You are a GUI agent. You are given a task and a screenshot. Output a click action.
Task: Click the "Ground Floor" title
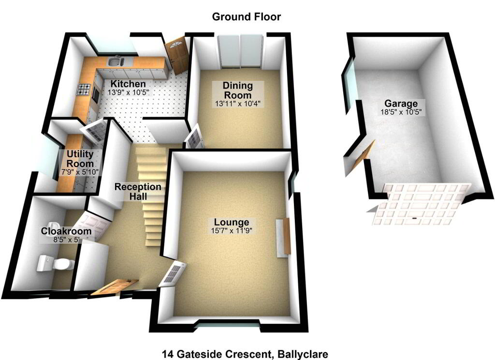(x=246, y=17)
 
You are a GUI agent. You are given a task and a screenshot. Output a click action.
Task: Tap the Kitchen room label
(x=128, y=84)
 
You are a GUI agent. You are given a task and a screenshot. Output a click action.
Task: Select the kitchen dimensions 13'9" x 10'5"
(x=128, y=92)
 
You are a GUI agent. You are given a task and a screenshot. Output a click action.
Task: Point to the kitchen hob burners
(x=84, y=89)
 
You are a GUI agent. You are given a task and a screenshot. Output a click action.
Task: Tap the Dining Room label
(x=238, y=90)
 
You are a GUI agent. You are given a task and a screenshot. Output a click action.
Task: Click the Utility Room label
(x=80, y=159)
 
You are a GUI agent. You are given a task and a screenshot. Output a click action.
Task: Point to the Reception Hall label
(x=138, y=191)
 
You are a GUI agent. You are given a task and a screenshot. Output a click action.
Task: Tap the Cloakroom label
(x=66, y=231)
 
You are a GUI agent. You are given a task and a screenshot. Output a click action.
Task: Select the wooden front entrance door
(x=115, y=287)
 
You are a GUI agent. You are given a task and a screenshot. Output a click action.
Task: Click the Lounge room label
(x=232, y=223)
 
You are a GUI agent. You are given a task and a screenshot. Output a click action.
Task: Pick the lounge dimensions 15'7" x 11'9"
(x=232, y=231)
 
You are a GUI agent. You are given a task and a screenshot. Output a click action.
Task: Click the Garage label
(x=401, y=104)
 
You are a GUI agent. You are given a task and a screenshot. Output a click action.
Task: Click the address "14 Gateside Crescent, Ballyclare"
(x=245, y=354)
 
